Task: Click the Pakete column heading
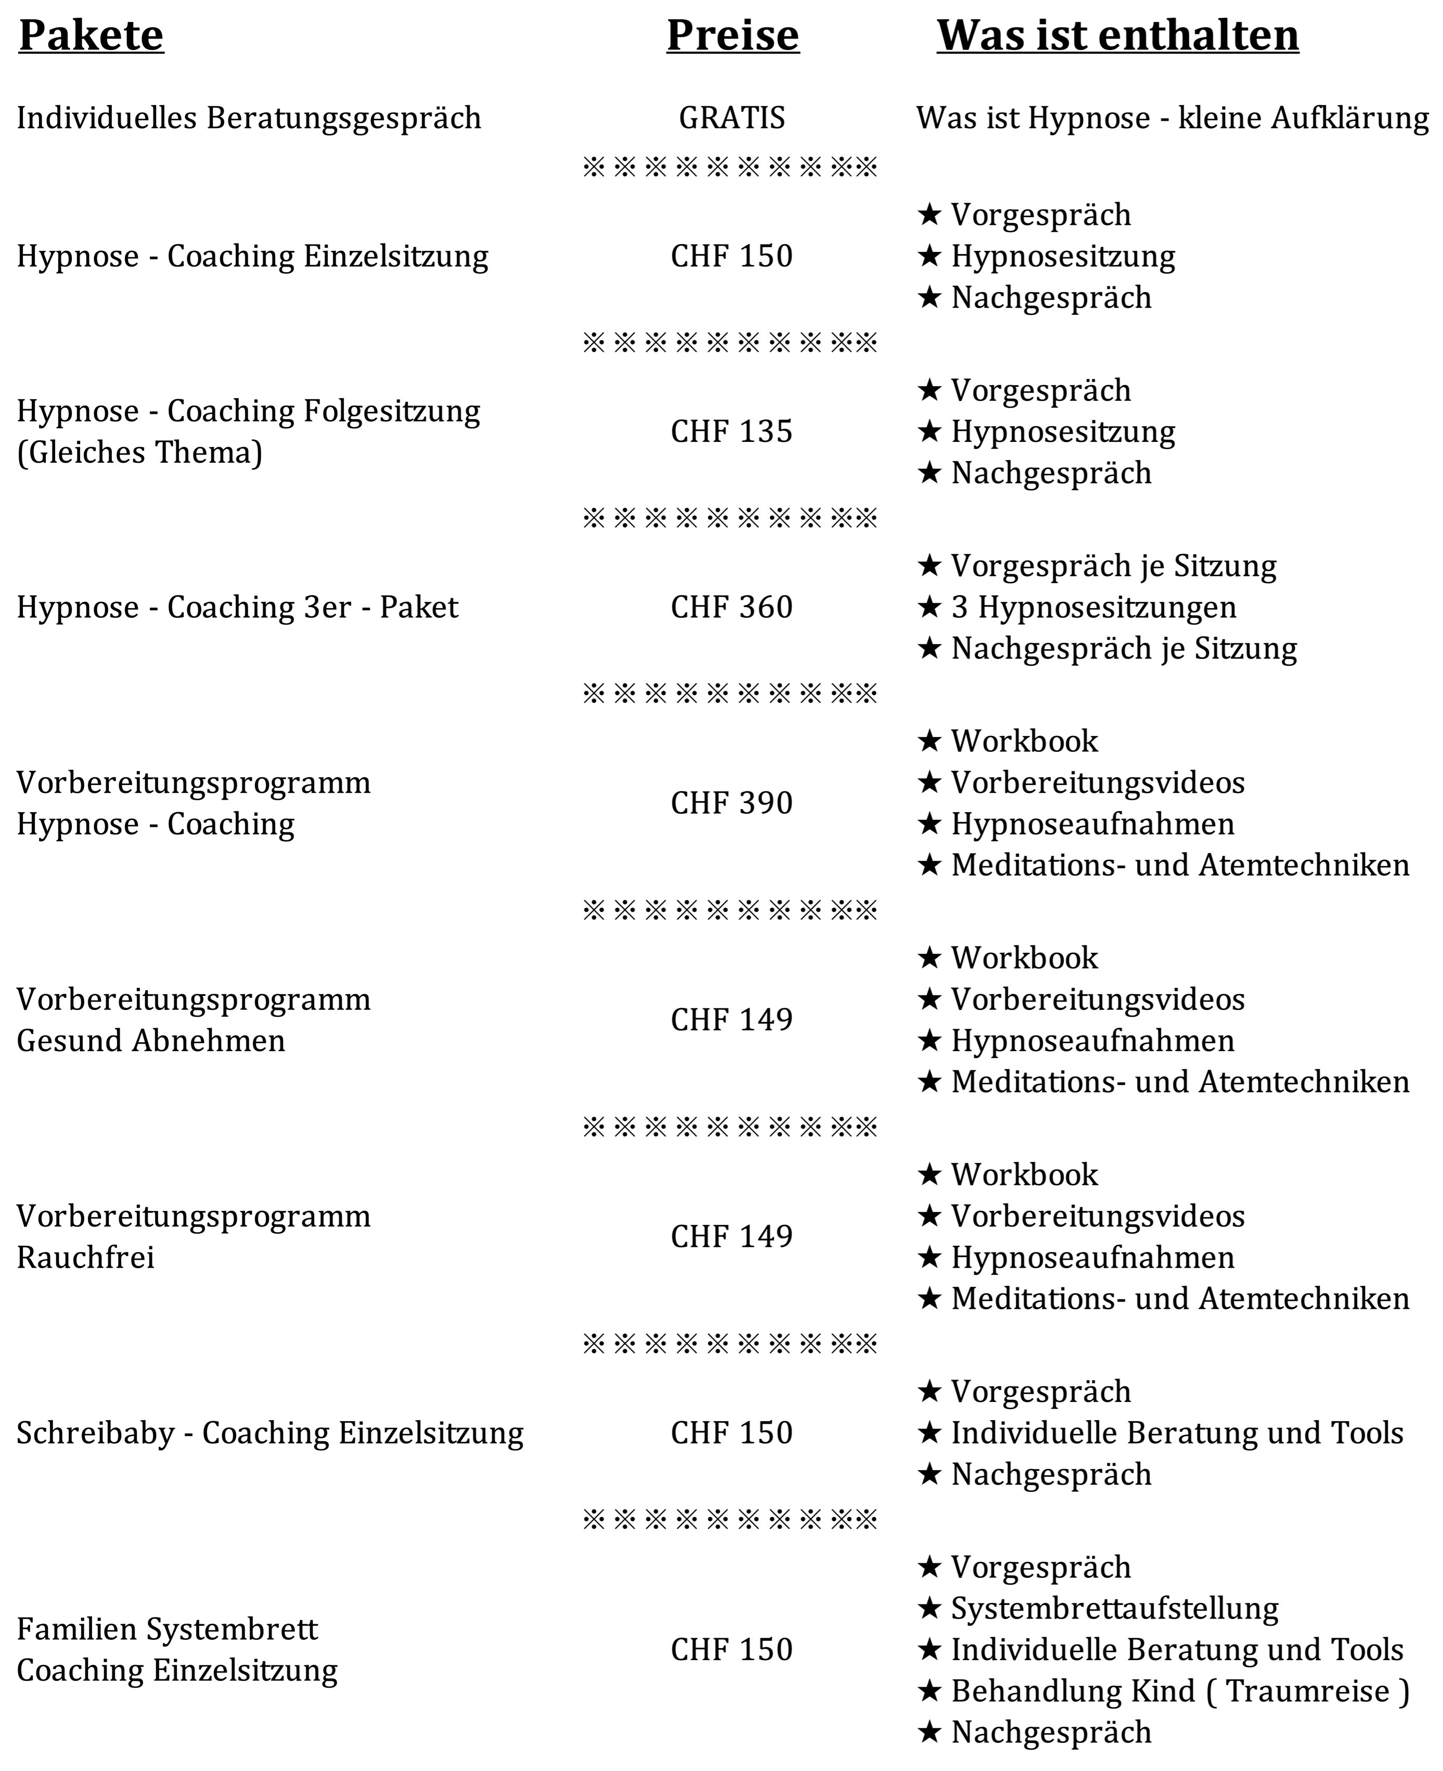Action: [x=92, y=36]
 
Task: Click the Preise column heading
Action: [x=732, y=36]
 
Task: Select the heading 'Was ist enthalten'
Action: [x=1117, y=36]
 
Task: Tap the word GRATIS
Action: [x=732, y=118]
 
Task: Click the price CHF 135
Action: [x=732, y=432]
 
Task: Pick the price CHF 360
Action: [x=732, y=607]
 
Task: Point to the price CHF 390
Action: [x=732, y=802]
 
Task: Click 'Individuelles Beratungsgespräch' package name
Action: [x=249, y=118]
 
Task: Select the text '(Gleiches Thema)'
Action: [x=139, y=452]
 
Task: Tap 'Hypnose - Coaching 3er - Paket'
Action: [x=237, y=607]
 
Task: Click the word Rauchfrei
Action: [x=86, y=1257]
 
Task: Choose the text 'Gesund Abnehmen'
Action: [x=150, y=1040]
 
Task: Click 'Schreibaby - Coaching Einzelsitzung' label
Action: [x=270, y=1433]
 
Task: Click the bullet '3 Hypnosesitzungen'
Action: [x=1093, y=607]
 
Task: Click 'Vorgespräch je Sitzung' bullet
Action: [x=1113, y=565]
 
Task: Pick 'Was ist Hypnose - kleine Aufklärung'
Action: [x=1172, y=118]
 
